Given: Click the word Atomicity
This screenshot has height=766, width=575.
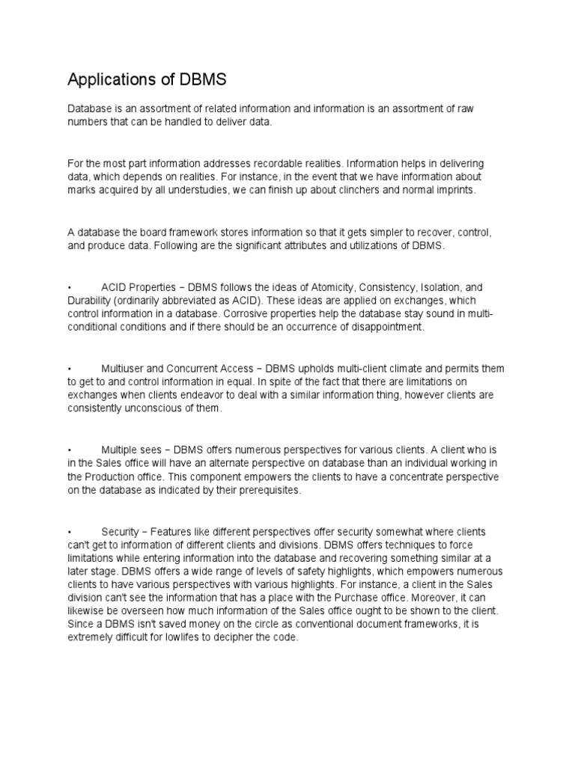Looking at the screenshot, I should [x=320, y=287].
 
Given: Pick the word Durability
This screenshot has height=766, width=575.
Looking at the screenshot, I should [x=89, y=300].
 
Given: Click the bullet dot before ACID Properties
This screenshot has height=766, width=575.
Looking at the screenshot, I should [x=69, y=287].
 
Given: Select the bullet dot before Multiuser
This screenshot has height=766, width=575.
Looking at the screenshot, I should [x=69, y=368].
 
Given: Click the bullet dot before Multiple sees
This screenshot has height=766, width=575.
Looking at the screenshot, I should [x=69, y=450].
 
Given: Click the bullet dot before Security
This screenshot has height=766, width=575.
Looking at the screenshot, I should [x=69, y=531].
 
